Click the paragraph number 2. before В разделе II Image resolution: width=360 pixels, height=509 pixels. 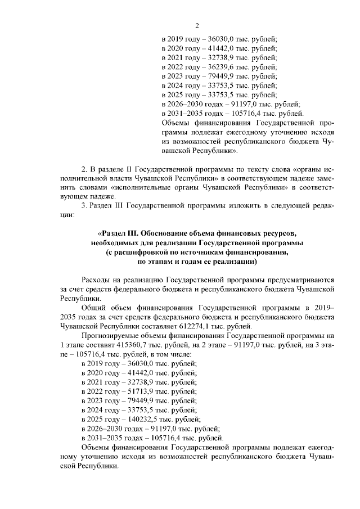click(84, 168)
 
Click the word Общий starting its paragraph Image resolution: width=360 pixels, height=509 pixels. click(94, 308)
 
